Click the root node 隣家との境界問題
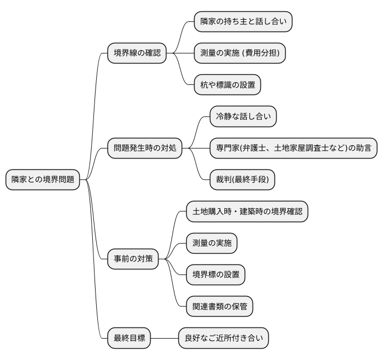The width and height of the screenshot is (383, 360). click(42, 180)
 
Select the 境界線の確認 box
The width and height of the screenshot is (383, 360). click(137, 53)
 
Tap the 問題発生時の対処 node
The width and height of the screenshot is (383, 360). click(145, 148)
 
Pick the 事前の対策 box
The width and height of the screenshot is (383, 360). click(133, 259)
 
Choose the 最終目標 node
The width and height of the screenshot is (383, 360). click(129, 339)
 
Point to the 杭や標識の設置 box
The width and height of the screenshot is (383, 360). click(227, 85)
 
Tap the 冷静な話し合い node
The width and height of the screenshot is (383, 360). click(243, 117)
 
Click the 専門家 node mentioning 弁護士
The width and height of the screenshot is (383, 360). click(292, 148)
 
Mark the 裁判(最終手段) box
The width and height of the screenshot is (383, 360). click(242, 180)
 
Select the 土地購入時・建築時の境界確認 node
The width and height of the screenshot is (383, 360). click(247, 212)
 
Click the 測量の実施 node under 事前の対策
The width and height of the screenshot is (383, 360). click(211, 244)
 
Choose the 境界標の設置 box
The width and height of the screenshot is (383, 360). click(216, 275)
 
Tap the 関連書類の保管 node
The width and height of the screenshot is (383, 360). click(220, 307)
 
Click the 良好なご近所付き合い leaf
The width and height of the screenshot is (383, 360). click(223, 339)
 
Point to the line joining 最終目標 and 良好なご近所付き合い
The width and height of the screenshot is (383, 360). click(164, 339)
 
